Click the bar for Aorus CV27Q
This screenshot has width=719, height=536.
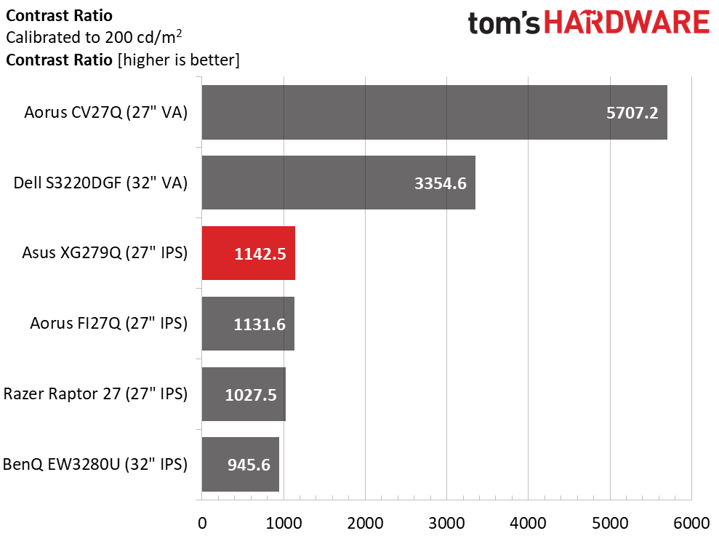(434, 113)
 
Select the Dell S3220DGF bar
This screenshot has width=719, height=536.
(338, 183)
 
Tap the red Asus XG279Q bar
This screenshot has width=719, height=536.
(249, 253)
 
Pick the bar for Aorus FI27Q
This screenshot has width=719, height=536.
(248, 324)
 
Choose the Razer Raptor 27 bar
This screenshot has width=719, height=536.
(244, 393)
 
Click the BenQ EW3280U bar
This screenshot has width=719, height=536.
(241, 464)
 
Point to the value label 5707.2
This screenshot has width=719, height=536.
(632, 113)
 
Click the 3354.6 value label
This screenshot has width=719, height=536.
(441, 183)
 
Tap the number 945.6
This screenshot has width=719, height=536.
(249, 465)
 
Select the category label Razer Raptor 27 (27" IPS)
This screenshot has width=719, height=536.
(95, 393)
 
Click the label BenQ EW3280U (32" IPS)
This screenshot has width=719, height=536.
(95, 464)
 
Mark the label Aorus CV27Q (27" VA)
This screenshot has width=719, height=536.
(106, 113)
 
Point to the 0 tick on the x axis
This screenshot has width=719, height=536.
(202, 523)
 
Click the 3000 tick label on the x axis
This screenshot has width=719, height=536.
(446, 523)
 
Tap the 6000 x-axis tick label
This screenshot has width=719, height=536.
(691, 523)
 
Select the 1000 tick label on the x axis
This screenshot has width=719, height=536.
(284, 523)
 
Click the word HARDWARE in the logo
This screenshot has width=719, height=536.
(627, 23)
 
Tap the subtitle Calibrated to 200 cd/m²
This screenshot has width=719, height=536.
(94, 36)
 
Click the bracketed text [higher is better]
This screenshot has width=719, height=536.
(179, 60)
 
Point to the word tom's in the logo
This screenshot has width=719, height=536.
(504, 23)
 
